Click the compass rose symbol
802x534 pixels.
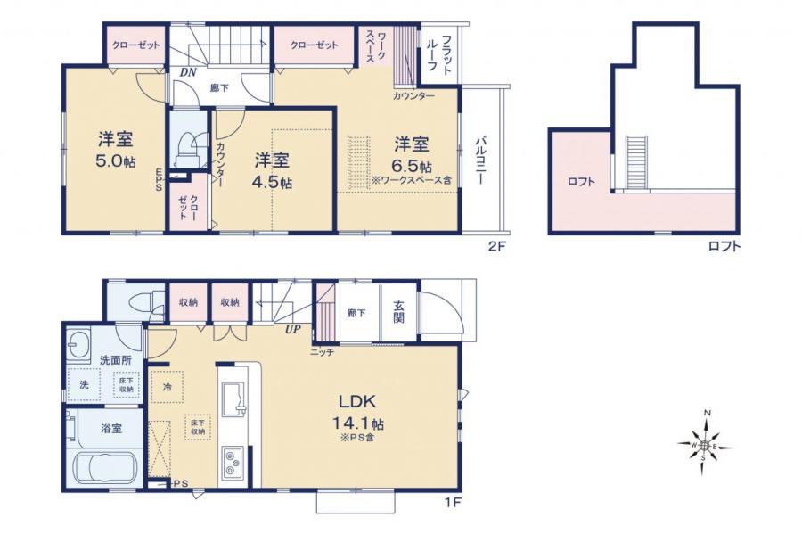(x=705, y=443)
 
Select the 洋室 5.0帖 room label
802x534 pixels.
(x=115, y=152)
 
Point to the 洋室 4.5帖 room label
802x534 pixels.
(x=273, y=170)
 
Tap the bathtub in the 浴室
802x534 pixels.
(x=102, y=469)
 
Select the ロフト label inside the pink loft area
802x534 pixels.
(x=580, y=183)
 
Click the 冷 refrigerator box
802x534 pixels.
(x=168, y=387)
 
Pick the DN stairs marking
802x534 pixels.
(x=187, y=71)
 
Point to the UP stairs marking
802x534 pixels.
(x=291, y=330)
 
